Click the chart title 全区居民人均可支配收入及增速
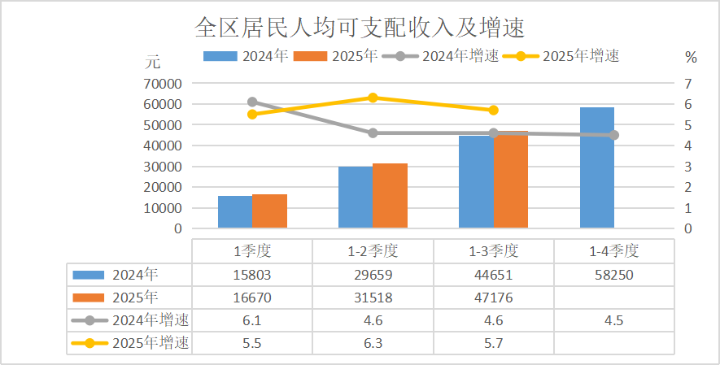[359, 28]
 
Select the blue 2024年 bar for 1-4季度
[596, 167]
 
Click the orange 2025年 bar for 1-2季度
[390, 196]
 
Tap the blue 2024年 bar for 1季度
[234, 212]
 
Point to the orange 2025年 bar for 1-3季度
[511, 180]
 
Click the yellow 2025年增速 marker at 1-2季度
[373, 98]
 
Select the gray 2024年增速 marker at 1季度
[252, 102]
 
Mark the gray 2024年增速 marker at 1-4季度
[613, 135]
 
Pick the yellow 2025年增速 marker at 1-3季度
[493, 110]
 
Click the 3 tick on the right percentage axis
[688, 167]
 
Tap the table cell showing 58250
[613, 275]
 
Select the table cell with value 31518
[373, 298]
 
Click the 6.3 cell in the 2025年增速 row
[373, 343]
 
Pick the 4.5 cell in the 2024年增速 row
[613, 320]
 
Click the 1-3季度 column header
[493, 251]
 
